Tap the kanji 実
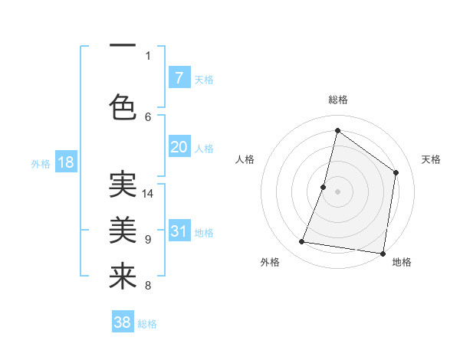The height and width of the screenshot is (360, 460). point(123,185)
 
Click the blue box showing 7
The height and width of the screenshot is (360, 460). point(179,77)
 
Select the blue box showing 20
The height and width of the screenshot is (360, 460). point(179,147)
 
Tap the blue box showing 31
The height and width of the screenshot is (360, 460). point(179,231)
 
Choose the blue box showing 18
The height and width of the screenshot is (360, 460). point(65,162)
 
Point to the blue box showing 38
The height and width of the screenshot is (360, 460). point(123,322)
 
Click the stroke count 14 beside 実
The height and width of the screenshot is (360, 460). point(148,194)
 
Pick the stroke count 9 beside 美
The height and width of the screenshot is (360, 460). point(148,240)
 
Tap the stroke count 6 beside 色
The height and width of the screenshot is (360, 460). point(148,116)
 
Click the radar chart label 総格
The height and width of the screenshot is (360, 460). point(338,100)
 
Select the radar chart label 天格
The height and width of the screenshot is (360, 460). point(431,159)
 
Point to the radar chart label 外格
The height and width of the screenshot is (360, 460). point(270,262)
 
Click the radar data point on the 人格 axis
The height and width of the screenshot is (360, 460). point(324,187)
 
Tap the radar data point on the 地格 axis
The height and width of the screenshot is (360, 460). point(383,253)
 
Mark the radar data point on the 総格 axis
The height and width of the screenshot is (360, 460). point(337,130)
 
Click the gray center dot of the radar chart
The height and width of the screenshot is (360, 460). point(337,191)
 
